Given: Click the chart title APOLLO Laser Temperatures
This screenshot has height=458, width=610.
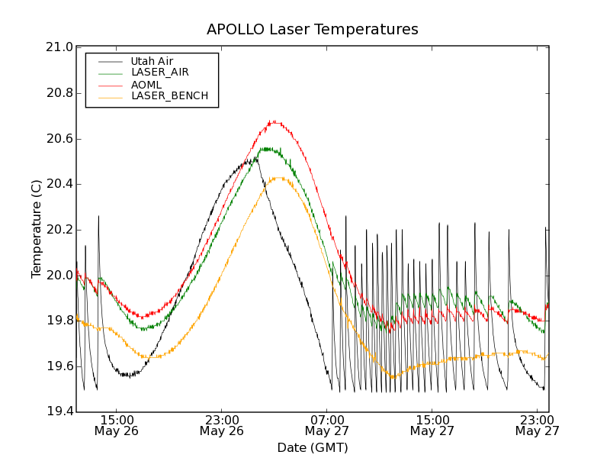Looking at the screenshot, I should [312, 30].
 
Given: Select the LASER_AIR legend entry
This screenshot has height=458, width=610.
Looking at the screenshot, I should [159, 73].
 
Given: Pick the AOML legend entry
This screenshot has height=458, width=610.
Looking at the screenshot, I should [147, 85].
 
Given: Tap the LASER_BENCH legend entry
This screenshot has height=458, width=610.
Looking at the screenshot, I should [169, 96].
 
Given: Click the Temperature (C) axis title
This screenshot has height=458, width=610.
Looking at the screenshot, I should [37, 229].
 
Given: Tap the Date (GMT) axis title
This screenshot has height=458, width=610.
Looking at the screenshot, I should [312, 447].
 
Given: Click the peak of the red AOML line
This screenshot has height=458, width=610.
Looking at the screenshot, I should [272, 121].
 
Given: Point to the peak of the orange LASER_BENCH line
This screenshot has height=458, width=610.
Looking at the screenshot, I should [278, 178].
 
